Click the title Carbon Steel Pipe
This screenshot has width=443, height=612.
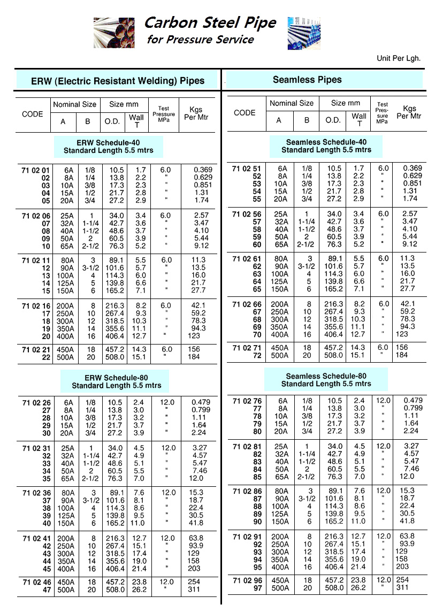[x=210, y=22]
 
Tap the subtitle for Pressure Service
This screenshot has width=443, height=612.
[x=200, y=40]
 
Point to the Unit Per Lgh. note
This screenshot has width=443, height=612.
[x=398, y=58]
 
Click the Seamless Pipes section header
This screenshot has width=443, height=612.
[x=307, y=80]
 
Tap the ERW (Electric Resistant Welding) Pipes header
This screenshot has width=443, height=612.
[x=118, y=81]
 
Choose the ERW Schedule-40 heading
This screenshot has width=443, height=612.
[x=108, y=146]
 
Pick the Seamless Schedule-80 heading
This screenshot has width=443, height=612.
[x=326, y=380]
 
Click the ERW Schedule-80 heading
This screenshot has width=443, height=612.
[x=116, y=381]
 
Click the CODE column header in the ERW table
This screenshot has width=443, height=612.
[x=33, y=114]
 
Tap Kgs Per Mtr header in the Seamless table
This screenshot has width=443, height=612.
[x=409, y=112]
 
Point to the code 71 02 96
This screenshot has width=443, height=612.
[x=247, y=580]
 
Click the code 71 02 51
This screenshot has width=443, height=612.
[x=247, y=169]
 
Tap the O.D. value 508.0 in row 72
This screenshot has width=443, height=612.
[x=334, y=355]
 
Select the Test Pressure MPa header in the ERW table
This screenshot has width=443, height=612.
[x=164, y=114]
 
